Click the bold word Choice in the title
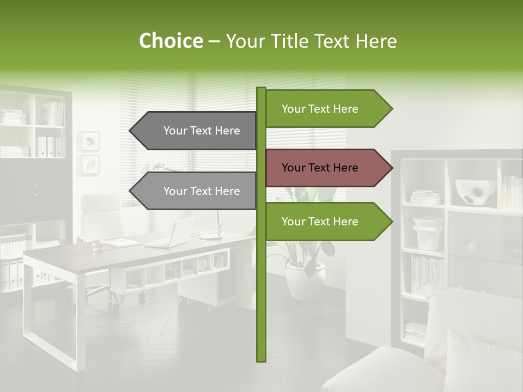[171, 41]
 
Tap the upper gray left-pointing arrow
[194, 131]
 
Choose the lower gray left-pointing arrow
[194, 191]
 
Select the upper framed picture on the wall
[89, 141]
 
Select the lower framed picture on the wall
[89, 164]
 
